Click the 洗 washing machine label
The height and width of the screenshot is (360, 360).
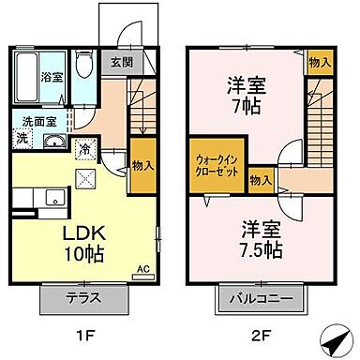tap(22, 139)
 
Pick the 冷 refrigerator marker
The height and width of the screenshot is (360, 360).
tap(85, 148)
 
